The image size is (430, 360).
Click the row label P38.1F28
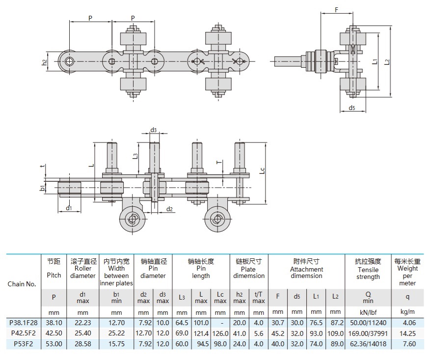24,323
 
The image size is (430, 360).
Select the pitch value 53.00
54,344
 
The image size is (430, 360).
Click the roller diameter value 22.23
83,323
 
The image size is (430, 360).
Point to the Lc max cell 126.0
220,333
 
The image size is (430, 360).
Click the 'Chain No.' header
22,284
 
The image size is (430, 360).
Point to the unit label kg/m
407,312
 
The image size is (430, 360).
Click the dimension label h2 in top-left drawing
44,62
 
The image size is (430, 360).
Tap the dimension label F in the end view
336,10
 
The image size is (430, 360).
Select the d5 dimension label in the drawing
352,108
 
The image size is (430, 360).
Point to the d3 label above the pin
154,130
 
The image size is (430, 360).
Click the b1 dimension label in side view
43,188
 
